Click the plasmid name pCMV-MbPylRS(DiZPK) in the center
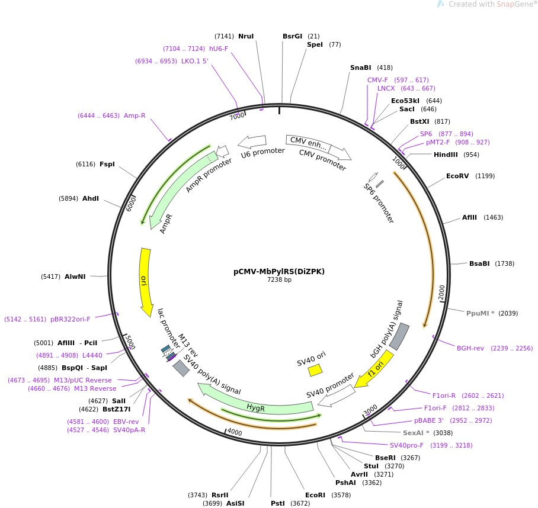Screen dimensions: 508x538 coord(279,272)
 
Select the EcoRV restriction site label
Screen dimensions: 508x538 coord(457,176)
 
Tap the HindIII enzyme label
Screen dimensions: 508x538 coord(448,155)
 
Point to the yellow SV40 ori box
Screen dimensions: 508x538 coord(315,370)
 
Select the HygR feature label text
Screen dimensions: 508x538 coord(255,408)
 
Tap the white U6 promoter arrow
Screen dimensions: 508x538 coord(252,142)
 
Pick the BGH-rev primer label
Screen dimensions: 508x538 coord(470,348)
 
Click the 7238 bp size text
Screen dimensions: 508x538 coord(279,280)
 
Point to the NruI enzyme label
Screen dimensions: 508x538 coord(246,36)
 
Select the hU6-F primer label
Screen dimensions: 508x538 coord(219,49)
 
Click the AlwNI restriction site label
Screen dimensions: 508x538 coord(75,276)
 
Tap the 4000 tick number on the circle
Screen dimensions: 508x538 coord(235,433)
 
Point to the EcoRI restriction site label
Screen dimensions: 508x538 coord(315,495)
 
